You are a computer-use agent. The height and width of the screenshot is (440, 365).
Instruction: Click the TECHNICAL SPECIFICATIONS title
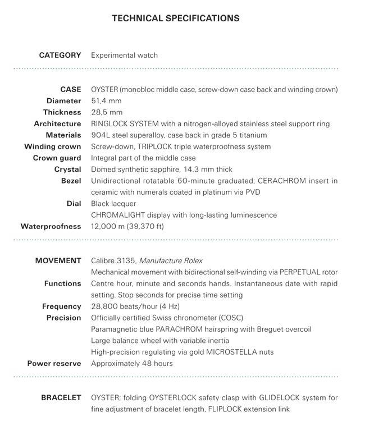(x=176, y=19)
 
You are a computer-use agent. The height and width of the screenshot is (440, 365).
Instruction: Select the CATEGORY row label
(x=60, y=55)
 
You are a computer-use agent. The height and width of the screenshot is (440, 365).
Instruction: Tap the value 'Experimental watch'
(x=124, y=55)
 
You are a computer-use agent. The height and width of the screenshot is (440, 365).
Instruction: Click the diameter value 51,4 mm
(x=106, y=101)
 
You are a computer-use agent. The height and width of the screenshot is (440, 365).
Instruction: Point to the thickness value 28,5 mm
(x=106, y=112)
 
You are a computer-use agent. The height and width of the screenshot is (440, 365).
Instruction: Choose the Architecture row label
(x=57, y=123)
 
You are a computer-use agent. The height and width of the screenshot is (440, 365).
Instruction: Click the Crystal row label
(x=68, y=169)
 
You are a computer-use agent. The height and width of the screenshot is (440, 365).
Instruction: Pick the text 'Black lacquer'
(x=112, y=204)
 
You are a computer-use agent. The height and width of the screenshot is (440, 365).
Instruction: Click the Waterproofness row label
(x=51, y=226)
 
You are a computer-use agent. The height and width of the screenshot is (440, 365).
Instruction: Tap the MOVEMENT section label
(x=58, y=260)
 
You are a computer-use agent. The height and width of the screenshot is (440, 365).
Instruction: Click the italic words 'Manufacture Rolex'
(x=171, y=260)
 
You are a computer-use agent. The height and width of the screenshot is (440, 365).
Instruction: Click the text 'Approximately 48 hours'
(x=131, y=363)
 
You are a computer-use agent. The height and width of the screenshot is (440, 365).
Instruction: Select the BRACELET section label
(x=61, y=398)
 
